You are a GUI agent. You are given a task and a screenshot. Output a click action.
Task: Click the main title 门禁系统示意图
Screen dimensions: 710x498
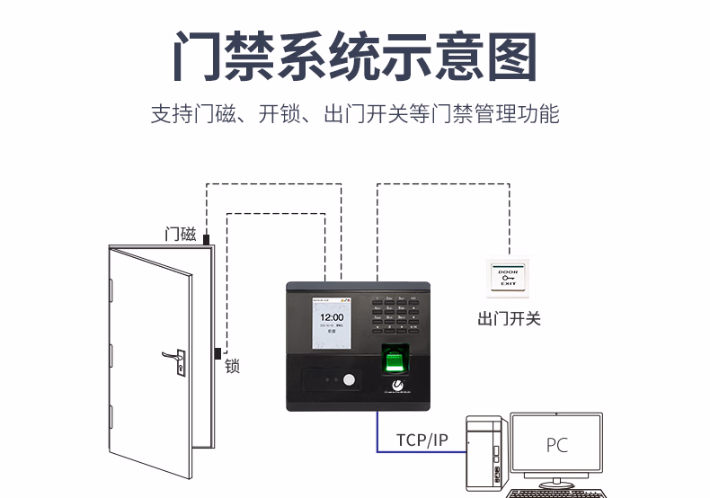coord(355,56)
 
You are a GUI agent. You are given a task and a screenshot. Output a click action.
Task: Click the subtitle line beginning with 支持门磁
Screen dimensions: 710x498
coord(355,115)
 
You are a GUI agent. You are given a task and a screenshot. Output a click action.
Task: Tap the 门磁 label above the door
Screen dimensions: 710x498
coord(181,235)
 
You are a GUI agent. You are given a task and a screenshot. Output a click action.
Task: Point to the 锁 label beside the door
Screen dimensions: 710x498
coord(232,366)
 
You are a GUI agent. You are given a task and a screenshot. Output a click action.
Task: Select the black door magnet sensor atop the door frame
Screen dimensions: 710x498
coord(206,240)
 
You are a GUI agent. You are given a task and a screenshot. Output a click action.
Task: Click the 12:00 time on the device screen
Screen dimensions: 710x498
coord(333,317)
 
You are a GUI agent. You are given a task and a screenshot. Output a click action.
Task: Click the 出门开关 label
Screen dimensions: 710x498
coord(509,318)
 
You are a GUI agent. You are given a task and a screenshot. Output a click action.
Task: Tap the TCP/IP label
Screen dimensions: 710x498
coord(422,440)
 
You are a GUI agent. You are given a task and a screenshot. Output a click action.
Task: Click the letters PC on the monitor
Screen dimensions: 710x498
coord(557,445)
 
